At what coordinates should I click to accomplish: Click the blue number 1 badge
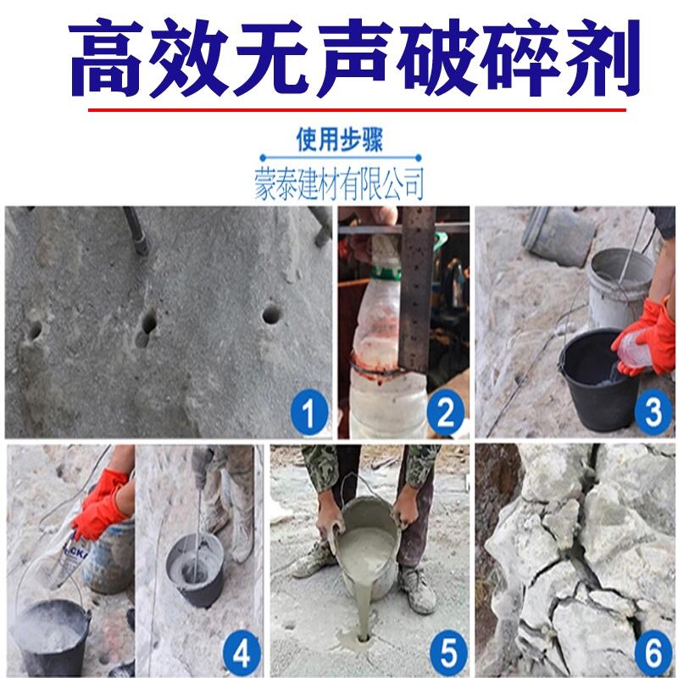tap(308, 412)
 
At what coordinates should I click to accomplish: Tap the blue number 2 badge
tap(446, 412)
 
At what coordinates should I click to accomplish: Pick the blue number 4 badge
tap(242, 653)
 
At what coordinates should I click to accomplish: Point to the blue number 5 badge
tap(448, 653)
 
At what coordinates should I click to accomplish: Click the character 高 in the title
tap(105, 58)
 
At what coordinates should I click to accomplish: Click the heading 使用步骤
tap(340, 140)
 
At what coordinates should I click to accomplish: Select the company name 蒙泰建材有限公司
tap(340, 184)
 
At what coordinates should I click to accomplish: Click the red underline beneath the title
tap(357, 110)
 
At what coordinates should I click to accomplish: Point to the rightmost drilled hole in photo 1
tap(271, 314)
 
